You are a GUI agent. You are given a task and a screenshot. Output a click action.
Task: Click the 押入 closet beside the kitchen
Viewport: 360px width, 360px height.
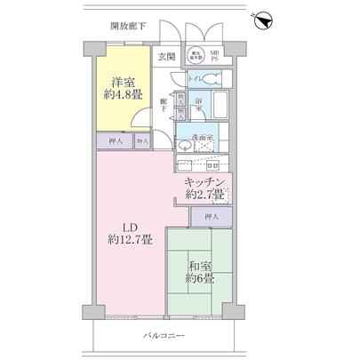click(211, 215)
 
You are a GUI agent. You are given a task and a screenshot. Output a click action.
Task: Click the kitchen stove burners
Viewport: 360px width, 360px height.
click(213, 164)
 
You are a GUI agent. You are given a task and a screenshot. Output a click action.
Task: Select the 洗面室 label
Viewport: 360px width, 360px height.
click(204, 139)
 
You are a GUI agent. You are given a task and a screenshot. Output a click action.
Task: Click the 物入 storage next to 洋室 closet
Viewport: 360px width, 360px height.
click(142, 140)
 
